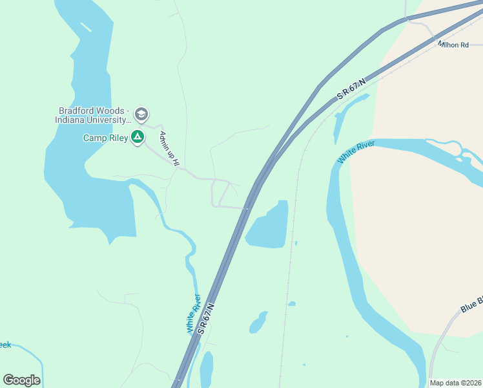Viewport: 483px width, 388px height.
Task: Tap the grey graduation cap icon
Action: pyautogui.click(x=142, y=115)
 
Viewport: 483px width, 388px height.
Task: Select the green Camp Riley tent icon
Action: pyautogui.click(x=137, y=137)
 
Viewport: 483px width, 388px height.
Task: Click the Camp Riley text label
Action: pyautogui.click(x=105, y=138)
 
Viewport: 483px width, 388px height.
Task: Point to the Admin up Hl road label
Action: pyautogui.click(x=168, y=148)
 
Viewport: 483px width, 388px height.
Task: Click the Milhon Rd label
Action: pyautogui.click(x=453, y=45)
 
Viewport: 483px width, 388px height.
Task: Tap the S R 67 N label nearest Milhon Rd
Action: pyautogui.click(x=351, y=89)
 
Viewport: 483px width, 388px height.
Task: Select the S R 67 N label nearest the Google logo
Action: pyautogui.click(x=206, y=314)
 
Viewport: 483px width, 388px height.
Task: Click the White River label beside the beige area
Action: pyautogui.click(x=356, y=153)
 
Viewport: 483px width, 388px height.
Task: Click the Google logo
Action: pyautogui.click(x=21, y=380)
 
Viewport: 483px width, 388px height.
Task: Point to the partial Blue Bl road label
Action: pyautogui.click(x=472, y=304)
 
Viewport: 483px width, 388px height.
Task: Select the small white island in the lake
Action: pyautogui.click(x=86, y=27)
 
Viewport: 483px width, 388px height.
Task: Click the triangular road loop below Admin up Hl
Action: pyautogui.click(x=222, y=194)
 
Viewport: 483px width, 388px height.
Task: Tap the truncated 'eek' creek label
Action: pyautogui.click(x=5, y=345)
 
